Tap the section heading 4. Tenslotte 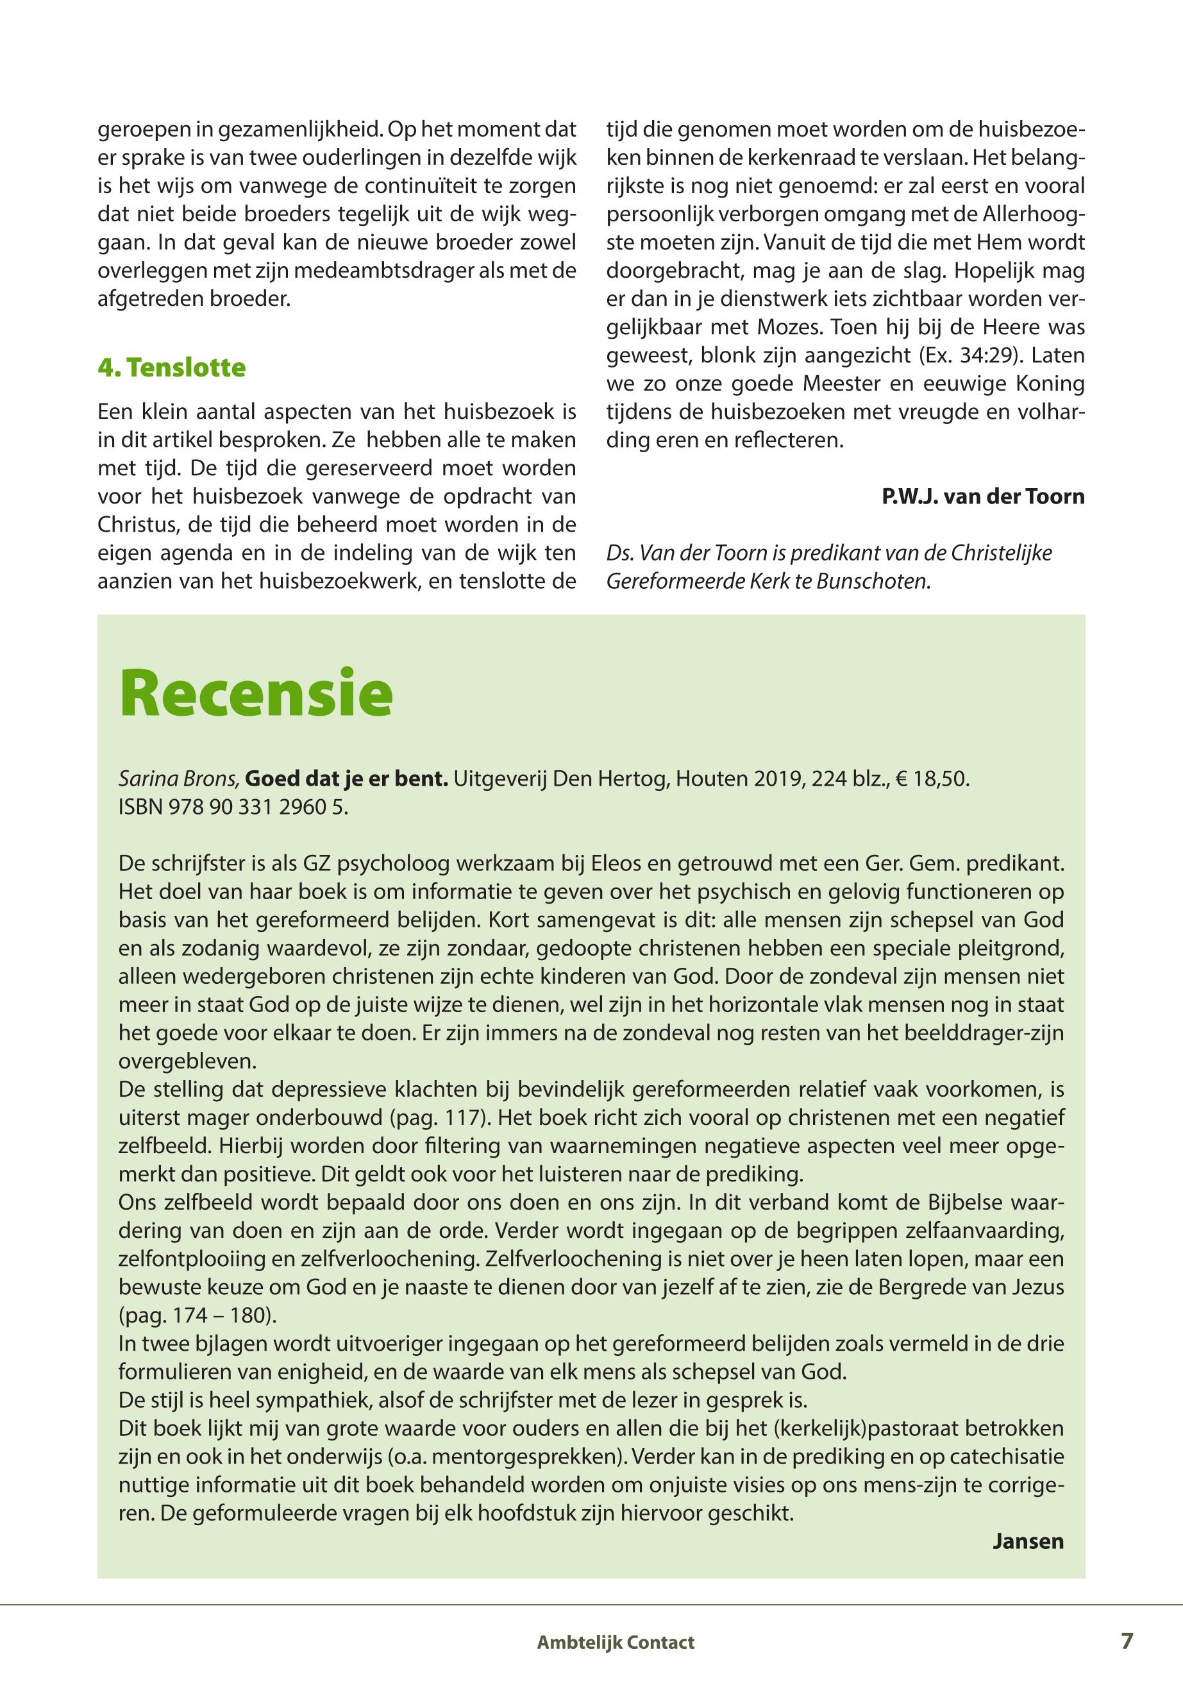tap(171, 367)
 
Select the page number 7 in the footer tap(1127, 1639)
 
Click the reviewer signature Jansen tap(1028, 1541)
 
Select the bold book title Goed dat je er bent tap(346, 780)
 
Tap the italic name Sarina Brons tap(179, 780)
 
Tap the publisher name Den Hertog tap(605, 780)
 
